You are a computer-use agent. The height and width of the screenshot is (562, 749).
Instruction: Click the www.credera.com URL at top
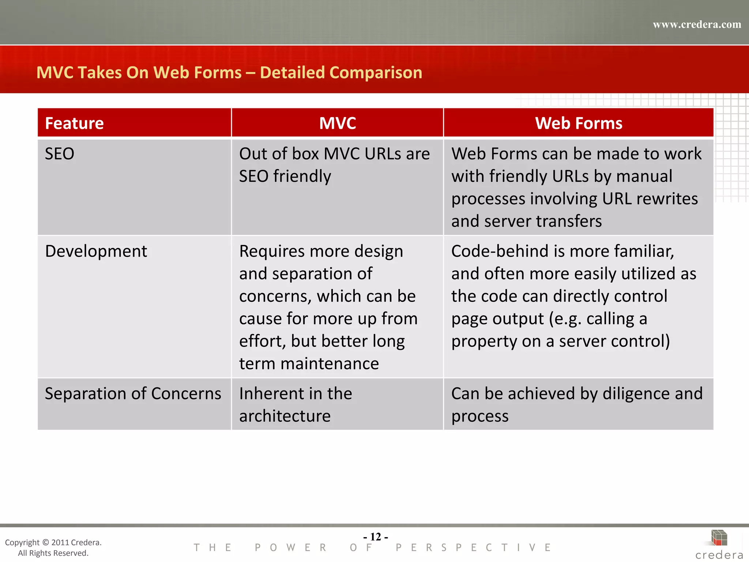pos(697,25)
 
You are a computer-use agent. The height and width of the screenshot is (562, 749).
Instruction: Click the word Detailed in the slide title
pos(292,72)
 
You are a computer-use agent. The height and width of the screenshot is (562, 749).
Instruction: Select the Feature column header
pos(74,123)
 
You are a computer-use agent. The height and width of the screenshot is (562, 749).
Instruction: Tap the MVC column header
pos(337,123)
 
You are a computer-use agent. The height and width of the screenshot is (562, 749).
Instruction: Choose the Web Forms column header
pos(579,123)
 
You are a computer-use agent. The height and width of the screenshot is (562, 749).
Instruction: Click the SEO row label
pos(60,154)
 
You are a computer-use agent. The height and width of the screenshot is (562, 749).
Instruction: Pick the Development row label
pos(96,251)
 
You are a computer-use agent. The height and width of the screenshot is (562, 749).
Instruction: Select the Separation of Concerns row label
pos(133,394)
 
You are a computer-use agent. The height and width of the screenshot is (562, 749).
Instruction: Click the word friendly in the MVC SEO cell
pos(302,176)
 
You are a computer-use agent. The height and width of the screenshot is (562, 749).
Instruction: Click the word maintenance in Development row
pos(330,364)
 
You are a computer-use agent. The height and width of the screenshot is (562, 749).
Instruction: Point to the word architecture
pos(285,416)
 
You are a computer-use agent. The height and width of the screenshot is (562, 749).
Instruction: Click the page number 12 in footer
pos(376,537)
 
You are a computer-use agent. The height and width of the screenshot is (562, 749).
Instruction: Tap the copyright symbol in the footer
pos(45,543)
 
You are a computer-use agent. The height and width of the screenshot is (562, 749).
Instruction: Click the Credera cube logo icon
pos(719,538)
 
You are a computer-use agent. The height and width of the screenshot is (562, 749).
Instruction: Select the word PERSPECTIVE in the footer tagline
pos(473,548)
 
